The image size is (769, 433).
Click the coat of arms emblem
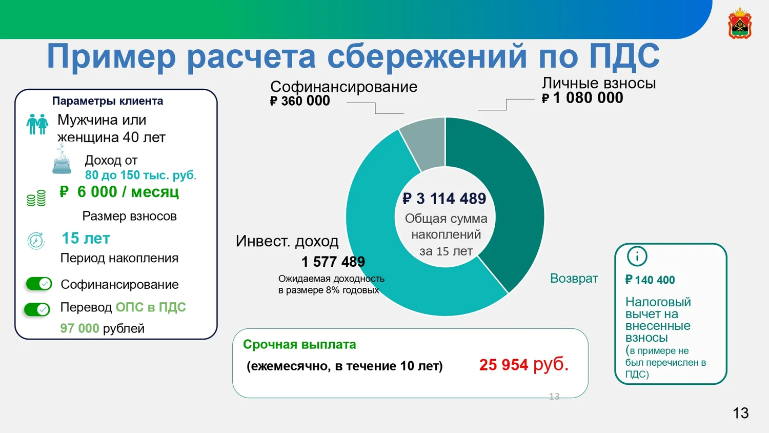[740, 23]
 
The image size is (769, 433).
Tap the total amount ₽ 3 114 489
[444, 199]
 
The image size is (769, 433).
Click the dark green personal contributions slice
[504, 192]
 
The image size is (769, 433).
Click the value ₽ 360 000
[300, 101]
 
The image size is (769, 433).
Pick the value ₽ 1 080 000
[582, 98]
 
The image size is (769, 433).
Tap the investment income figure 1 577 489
[333, 262]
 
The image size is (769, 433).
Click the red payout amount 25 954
[503, 365]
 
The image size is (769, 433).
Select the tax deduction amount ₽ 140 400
[650, 280]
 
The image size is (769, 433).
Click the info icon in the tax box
[637, 257]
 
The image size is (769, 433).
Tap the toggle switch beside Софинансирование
[39, 284]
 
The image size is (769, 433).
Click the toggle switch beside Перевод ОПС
[37, 309]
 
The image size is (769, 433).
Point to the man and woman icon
[37, 124]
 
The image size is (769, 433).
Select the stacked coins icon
[36, 198]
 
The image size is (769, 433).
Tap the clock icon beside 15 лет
[36, 241]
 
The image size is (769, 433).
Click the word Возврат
[574, 279]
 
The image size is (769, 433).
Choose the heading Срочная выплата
[299, 344]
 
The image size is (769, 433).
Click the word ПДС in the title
[624, 56]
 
